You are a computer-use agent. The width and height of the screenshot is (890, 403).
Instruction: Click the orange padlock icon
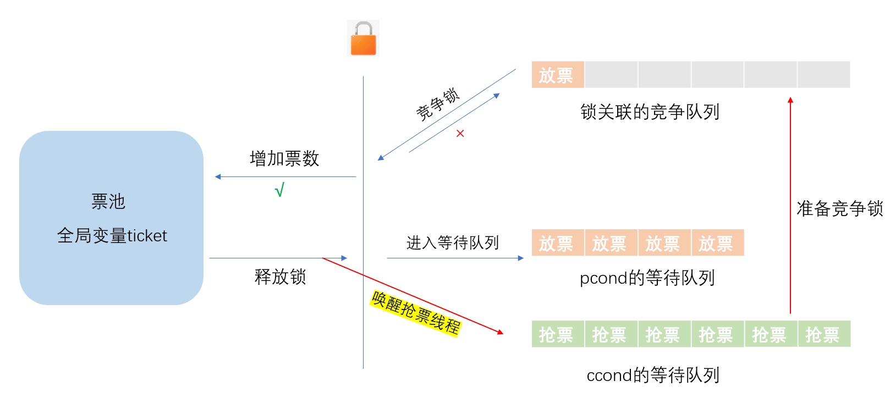pos(363,38)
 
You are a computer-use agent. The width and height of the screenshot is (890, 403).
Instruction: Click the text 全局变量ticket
pos(112,236)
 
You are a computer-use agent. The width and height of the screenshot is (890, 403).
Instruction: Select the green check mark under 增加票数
pos(279,190)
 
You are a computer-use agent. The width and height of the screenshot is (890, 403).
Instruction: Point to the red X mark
pos(460,134)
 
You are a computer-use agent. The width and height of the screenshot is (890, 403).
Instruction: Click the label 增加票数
pos(284,159)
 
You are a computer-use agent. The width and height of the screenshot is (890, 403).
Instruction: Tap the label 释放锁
pos(280,277)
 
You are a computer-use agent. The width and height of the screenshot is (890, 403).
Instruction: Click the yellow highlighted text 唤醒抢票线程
pos(416,313)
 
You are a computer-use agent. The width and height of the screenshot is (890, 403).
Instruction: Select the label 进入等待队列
pos(453,242)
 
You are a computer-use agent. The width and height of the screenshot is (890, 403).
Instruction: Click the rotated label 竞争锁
pos(437,104)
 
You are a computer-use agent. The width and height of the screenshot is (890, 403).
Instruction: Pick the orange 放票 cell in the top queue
pos(557,75)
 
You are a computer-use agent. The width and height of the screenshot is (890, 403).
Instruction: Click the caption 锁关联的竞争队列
pos(650,112)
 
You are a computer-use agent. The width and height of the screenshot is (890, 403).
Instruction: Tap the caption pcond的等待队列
pos(647,278)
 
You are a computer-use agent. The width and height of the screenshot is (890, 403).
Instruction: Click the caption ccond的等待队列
pos(653,376)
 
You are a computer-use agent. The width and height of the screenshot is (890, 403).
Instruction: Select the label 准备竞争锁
pos(839,209)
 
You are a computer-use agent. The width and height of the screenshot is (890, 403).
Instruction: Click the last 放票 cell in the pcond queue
pos(717,243)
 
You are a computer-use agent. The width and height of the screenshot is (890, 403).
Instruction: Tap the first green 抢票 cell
pos(557,334)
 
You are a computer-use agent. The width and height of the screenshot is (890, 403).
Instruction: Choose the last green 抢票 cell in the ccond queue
pos(824,334)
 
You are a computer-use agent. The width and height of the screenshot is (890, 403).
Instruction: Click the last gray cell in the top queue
pos(824,75)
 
